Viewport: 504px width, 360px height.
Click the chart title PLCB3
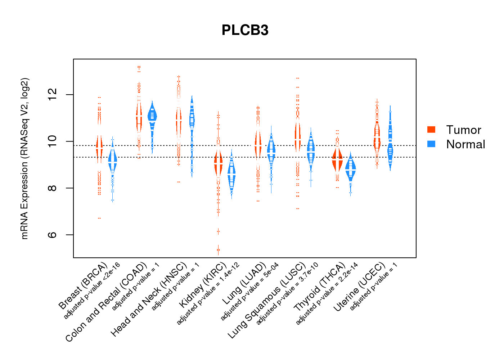point(245,30)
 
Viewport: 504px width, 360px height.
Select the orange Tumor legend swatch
point(431,130)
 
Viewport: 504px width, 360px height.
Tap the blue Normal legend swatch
point(431,144)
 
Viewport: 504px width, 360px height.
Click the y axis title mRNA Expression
point(24,158)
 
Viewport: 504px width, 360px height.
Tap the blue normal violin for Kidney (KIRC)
point(231,175)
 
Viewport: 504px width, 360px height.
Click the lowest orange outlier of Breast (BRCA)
point(99,218)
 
